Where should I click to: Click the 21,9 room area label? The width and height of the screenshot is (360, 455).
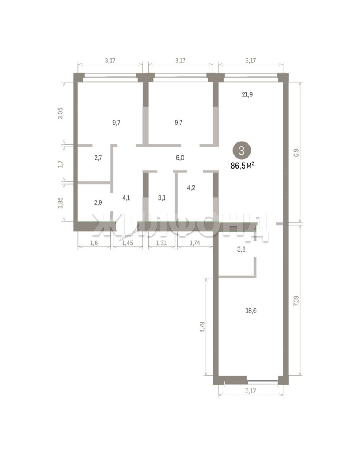point(247,94)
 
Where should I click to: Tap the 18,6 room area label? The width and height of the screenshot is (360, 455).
point(251,311)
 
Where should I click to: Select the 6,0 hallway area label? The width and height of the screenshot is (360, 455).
point(180,158)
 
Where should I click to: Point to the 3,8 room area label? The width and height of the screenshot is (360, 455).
point(241,249)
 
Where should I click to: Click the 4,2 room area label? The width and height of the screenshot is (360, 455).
point(191,188)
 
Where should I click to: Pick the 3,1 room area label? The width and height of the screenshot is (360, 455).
point(162,198)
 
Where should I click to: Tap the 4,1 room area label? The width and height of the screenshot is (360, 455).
point(126,198)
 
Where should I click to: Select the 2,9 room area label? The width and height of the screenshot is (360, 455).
point(98,202)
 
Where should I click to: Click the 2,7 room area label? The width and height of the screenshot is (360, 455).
point(98,158)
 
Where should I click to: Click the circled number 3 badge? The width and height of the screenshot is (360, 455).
point(241,150)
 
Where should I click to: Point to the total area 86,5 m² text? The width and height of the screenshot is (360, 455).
point(242,166)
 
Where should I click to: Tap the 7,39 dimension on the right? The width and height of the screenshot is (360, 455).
point(296,301)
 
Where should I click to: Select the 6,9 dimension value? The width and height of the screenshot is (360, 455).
point(296,153)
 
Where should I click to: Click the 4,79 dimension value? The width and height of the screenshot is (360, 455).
point(203,327)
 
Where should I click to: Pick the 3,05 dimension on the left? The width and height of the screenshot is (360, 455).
point(60,113)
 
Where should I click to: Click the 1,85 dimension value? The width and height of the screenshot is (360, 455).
point(60,203)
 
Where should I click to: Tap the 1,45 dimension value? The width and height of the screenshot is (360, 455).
point(127,243)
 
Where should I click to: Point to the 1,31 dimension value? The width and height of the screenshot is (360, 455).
point(161,243)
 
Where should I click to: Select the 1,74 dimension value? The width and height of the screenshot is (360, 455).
point(195,243)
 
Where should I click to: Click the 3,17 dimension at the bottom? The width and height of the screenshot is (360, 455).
point(251,391)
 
